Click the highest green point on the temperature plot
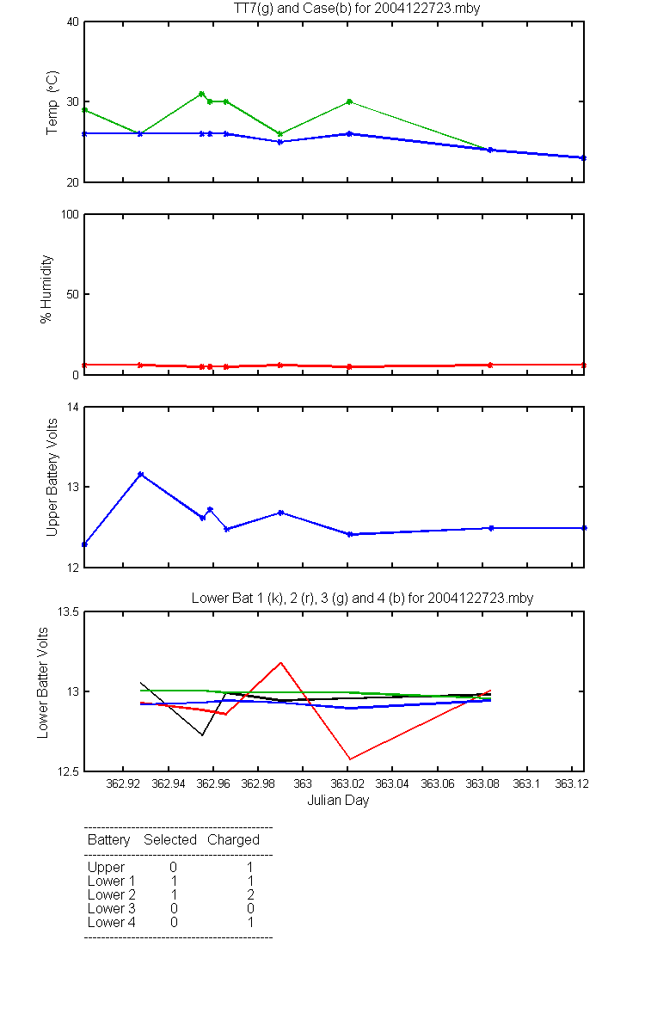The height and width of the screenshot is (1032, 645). (x=201, y=94)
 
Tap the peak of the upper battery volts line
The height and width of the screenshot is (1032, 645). (x=140, y=475)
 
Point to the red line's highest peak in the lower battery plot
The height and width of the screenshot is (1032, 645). (x=280, y=662)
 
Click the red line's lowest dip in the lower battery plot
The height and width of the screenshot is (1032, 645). (x=350, y=759)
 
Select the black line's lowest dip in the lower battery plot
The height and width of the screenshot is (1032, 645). (x=202, y=734)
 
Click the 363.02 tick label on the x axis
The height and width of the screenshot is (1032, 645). (x=347, y=783)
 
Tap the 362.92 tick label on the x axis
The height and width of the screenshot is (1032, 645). (x=123, y=783)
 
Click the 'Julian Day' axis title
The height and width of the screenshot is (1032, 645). (x=338, y=801)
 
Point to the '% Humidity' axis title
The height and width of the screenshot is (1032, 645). (x=46, y=289)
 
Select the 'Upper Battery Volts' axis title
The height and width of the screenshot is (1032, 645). (x=52, y=478)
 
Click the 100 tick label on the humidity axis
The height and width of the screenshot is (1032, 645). (x=70, y=214)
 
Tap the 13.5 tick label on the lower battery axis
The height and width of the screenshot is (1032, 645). (x=68, y=611)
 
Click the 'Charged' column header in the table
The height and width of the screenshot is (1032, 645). (x=234, y=840)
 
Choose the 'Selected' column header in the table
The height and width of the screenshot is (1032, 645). (x=170, y=839)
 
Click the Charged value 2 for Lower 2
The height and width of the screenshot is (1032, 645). (x=250, y=894)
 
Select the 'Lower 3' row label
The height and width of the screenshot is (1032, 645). (x=112, y=908)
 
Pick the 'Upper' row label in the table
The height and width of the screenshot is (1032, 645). (x=106, y=868)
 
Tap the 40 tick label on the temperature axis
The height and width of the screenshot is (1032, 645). (x=73, y=21)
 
